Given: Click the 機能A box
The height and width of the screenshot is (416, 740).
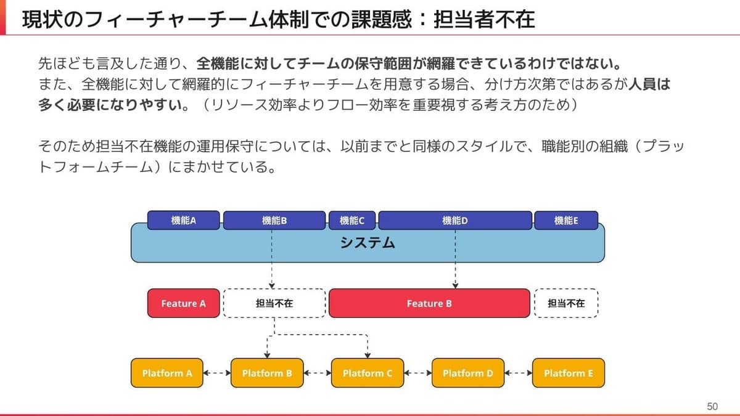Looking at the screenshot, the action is click(x=183, y=220).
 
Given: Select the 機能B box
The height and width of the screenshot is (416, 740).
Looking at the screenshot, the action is click(x=274, y=220).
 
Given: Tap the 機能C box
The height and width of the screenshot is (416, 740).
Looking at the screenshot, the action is click(x=352, y=220).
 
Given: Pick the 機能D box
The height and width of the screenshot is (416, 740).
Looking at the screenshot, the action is click(x=455, y=220).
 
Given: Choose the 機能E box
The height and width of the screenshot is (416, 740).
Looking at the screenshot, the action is click(x=566, y=220).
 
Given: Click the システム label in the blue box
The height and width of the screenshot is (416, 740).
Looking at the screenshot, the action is click(x=368, y=243).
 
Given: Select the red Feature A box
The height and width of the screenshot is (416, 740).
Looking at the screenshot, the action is click(x=183, y=303).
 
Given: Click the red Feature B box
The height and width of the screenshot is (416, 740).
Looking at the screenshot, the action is click(x=429, y=303).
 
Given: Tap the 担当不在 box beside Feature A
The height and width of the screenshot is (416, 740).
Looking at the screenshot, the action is click(x=274, y=303).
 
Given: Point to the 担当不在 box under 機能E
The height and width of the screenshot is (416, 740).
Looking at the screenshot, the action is click(x=566, y=303).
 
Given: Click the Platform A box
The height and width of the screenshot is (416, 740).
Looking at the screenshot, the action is click(x=167, y=373).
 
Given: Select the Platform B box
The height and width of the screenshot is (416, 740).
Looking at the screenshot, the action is click(x=267, y=373).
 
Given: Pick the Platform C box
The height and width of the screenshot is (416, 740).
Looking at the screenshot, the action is click(x=368, y=373).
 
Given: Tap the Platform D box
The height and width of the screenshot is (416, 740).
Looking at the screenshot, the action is click(x=468, y=373).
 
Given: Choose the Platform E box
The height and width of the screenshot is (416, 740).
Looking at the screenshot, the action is click(x=569, y=373).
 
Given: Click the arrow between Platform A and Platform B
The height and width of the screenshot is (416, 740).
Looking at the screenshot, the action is click(x=217, y=373).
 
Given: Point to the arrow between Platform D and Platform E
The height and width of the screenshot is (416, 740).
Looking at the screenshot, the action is click(x=519, y=373).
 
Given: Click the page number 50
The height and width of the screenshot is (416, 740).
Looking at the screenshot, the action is click(x=712, y=406).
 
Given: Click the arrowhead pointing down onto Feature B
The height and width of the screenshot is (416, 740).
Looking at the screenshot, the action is click(x=455, y=286).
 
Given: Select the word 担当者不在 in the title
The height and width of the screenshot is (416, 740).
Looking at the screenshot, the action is click(x=484, y=19).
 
